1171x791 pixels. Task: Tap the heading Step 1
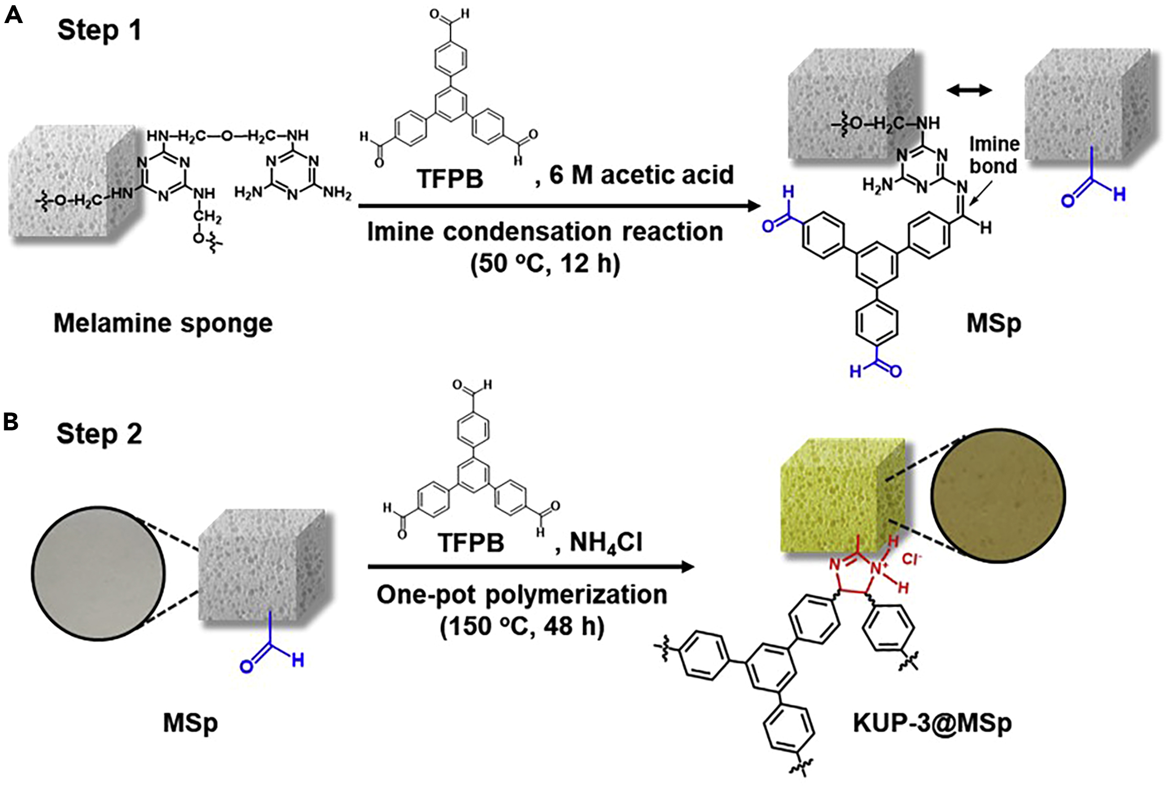[x=99, y=30]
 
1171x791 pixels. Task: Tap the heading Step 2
[x=99, y=434]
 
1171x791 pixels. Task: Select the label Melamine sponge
[x=163, y=323]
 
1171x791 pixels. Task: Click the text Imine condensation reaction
[x=545, y=232]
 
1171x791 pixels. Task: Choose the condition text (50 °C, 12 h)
[x=545, y=264]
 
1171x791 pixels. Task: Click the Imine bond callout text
[x=994, y=155]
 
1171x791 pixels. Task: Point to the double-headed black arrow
[x=969, y=91]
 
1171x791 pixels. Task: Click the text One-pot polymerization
[x=522, y=595]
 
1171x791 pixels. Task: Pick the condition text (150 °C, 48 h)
[x=522, y=626]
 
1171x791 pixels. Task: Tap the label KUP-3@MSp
[x=932, y=723]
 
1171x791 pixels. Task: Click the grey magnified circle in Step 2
[x=98, y=573]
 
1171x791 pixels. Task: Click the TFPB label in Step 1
[x=449, y=179]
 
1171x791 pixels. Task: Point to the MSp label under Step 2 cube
[x=190, y=723]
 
